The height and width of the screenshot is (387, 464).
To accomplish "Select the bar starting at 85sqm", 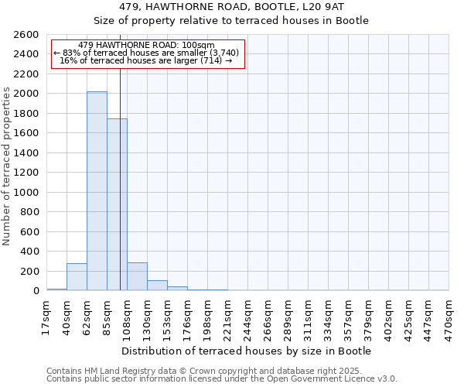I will tap(117, 204).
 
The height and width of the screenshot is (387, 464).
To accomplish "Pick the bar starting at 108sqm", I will tap(137, 277).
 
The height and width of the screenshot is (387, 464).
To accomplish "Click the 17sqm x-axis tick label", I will tap(47, 316).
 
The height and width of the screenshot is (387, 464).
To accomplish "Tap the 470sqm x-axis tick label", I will tap(449, 316).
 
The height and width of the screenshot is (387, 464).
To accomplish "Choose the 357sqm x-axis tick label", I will tap(349, 316).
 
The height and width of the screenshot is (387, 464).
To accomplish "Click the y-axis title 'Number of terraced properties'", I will tap(8, 166).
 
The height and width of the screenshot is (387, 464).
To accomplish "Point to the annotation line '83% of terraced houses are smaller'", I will tap(147, 53).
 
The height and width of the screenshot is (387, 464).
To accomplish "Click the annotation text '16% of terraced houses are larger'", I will tap(147, 60).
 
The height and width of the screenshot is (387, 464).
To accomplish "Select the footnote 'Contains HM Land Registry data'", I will tap(220, 372).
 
